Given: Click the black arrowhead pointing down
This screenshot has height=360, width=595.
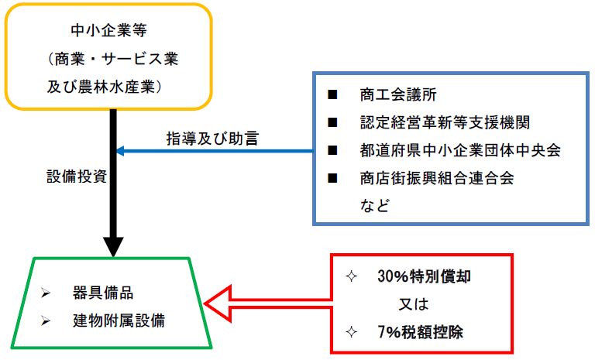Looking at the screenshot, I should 113,247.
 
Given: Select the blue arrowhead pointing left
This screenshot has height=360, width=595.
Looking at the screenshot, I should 121,151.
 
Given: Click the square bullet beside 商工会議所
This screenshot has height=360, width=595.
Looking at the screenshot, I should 333,95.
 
